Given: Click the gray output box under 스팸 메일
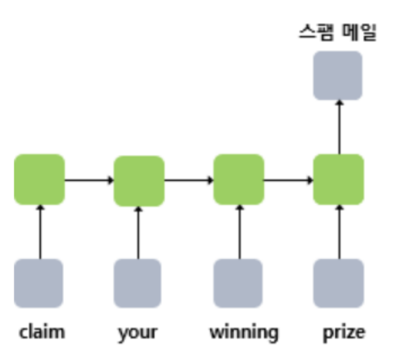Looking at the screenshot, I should click(x=337, y=75).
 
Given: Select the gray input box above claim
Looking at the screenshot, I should click(x=39, y=283).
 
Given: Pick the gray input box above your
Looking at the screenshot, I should click(x=138, y=283).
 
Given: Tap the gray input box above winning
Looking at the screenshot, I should click(x=238, y=283).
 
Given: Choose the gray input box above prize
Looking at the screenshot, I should click(x=338, y=283).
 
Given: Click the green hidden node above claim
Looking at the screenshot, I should click(x=39, y=179).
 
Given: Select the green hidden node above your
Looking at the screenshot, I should click(x=139, y=180).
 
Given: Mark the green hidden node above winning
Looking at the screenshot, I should click(x=238, y=179).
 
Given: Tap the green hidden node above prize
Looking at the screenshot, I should click(x=338, y=179).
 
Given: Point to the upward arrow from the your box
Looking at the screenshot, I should click(x=138, y=232).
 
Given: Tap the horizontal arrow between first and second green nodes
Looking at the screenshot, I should click(x=89, y=179).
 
